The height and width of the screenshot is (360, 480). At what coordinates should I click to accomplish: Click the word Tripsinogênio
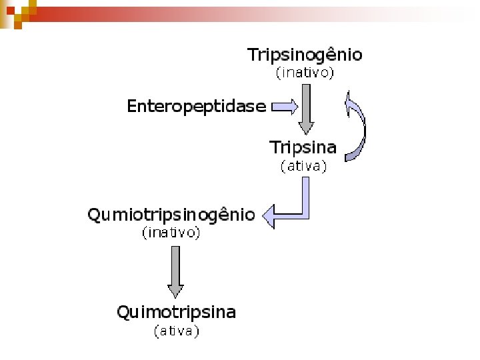(x=305, y=55)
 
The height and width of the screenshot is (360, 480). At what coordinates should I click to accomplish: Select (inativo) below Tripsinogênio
(x=305, y=73)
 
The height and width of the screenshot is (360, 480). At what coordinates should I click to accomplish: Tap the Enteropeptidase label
(x=196, y=106)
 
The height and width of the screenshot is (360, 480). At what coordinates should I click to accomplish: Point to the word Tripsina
(x=303, y=147)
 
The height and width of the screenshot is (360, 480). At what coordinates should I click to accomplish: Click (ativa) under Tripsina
(x=303, y=167)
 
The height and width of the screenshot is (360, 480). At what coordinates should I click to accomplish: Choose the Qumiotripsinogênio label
(x=171, y=215)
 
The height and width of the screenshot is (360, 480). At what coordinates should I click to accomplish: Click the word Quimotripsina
(x=176, y=312)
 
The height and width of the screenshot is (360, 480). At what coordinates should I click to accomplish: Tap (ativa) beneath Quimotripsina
(x=176, y=330)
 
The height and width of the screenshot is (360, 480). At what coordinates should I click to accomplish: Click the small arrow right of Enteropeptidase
(x=285, y=106)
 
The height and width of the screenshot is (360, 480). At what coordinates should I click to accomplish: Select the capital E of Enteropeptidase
(x=133, y=106)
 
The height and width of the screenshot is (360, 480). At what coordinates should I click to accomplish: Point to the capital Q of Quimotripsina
(x=124, y=312)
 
